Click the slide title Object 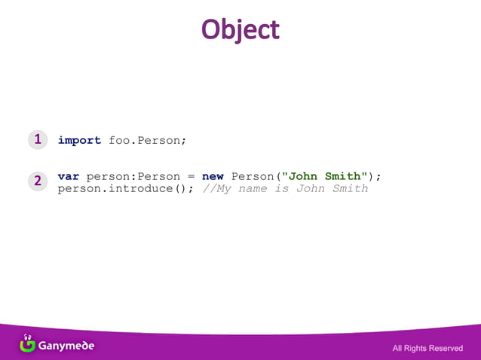coord(240,29)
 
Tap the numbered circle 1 coord(37,139)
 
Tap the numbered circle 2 coord(37,181)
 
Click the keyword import coord(79,140)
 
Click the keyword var coord(69,176)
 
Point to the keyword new coord(213,176)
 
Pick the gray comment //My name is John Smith coord(285,188)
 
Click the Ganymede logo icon coord(27,343)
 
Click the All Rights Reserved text coord(427,348)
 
